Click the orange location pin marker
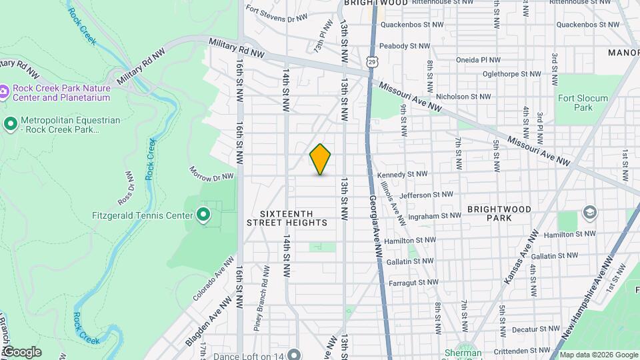point(320,159)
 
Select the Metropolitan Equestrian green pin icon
point(10,123)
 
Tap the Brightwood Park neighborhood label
point(499,213)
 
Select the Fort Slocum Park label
point(583,103)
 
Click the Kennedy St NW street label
point(400,175)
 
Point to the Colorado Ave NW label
point(213,279)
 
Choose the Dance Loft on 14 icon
point(294,353)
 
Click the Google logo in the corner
point(22,352)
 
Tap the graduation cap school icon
point(589,213)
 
